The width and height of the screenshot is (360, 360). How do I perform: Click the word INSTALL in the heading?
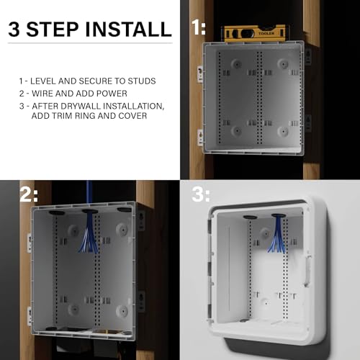tap(128, 30)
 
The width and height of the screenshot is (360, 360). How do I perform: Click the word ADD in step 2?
tap(73, 94)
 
